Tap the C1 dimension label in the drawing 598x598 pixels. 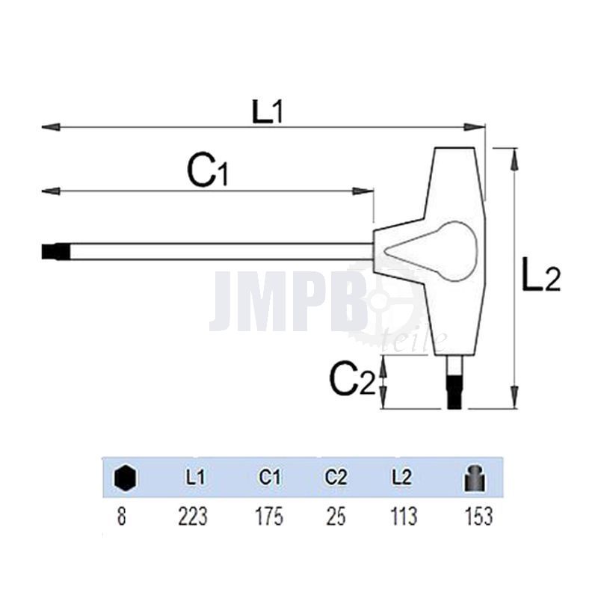[207, 173]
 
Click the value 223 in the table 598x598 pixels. [194, 516]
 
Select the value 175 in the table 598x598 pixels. [269, 516]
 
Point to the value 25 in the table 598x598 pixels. [336, 516]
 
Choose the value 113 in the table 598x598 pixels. [401, 516]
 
